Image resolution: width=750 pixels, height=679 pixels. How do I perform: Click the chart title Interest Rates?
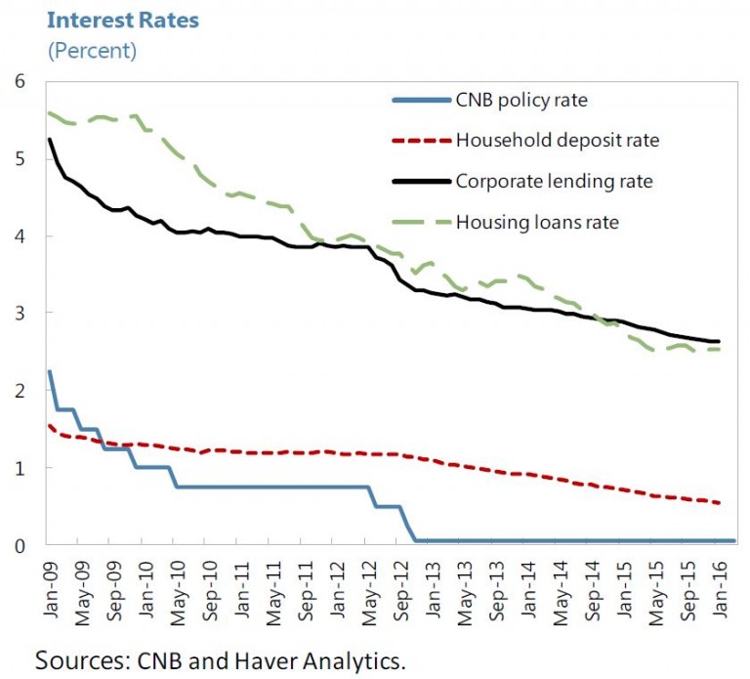(122, 20)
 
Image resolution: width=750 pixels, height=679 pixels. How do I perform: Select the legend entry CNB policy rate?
(521, 100)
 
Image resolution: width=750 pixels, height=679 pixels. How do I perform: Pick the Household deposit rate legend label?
(557, 141)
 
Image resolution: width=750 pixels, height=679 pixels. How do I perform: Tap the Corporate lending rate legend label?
(554, 182)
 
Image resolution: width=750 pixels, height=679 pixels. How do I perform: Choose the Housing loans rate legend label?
(537, 223)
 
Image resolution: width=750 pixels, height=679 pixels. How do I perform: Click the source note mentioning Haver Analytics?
(220, 660)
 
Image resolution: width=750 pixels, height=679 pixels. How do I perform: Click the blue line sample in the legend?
(420, 100)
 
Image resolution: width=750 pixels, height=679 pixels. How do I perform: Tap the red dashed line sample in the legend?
(420, 141)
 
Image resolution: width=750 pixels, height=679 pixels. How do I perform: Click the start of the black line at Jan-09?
(49, 140)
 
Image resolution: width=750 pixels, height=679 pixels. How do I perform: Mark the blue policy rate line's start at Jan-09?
(49, 371)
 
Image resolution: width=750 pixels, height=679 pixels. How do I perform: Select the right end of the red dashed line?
(720, 503)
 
